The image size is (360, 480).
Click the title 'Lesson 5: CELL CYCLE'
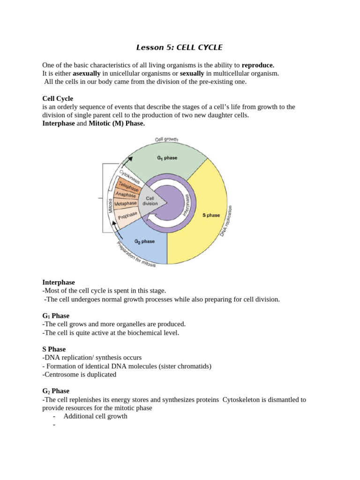pyautogui.click(x=180, y=47)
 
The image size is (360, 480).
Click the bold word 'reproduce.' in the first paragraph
pyautogui.click(x=258, y=65)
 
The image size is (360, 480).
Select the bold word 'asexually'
pyautogui.click(x=87, y=74)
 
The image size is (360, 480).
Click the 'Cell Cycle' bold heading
pyautogui.click(x=58, y=98)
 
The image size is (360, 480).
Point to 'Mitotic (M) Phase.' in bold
pyautogui.click(x=117, y=123)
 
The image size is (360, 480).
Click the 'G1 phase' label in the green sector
pyautogui.click(x=167, y=158)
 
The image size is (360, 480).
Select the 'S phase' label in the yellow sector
pyautogui.click(x=211, y=215)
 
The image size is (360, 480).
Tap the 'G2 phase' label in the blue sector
pyautogui.click(x=144, y=241)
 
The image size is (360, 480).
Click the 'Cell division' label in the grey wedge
pyautogui.click(x=150, y=201)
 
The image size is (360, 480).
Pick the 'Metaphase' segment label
pyautogui.click(x=125, y=204)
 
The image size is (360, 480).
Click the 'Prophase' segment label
pyautogui.click(x=127, y=216)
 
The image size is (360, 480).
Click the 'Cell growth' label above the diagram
pyautogui.click(x=166, y=140)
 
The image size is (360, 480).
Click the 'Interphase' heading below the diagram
pyautogui.click(x=59, y=282)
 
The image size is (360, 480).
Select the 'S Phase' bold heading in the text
pyautogui.click(x=54, y=349)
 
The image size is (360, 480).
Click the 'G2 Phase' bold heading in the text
pyautogui.click(x=56, y=391)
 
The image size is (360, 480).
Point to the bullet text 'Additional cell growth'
pyautogui.click(x=95, y=416)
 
